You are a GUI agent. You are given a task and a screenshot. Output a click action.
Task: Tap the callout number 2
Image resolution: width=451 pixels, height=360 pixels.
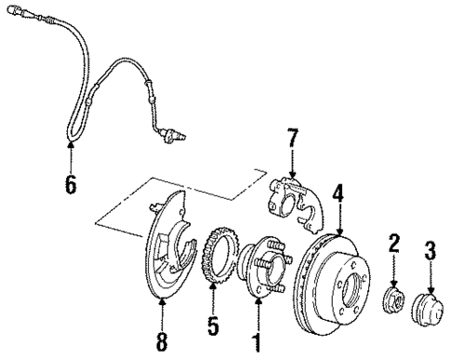point(392,245)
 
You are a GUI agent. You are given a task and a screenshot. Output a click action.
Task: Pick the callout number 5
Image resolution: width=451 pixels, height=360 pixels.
point(214,327)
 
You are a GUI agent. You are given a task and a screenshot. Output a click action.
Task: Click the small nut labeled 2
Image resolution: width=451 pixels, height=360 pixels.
point(392,302)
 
